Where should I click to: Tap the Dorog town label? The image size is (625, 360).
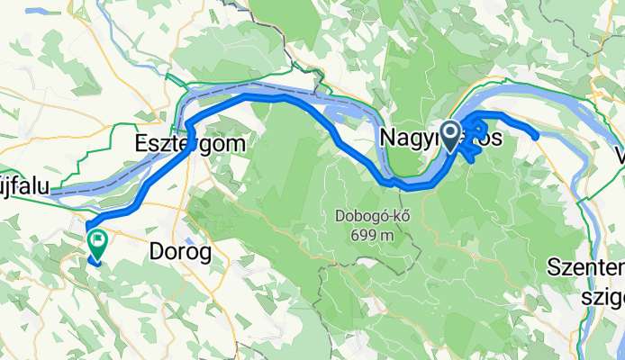click(x=184, y=253)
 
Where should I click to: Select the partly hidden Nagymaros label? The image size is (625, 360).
click(x=423, y=139)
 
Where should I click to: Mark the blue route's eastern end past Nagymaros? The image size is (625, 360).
click(x=536, y=137)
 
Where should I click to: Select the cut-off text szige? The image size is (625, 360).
click(x=600, y=294)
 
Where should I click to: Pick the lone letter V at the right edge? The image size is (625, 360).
click(x=619, y=155)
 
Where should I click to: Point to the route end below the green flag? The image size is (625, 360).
click(x=95, y=263)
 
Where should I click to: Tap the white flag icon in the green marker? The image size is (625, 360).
click(x=95, y=238)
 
